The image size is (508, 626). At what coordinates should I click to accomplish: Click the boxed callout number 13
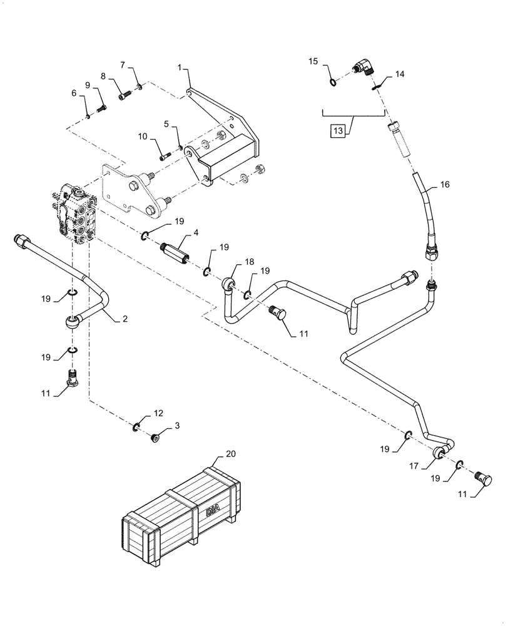(338, 131)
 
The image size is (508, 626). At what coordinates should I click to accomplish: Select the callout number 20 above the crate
(230, 453)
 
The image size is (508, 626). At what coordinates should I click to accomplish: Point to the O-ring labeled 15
(334, 81)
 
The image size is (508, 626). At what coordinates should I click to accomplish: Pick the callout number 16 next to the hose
(445, 185)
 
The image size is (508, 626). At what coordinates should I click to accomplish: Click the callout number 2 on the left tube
(124, 319)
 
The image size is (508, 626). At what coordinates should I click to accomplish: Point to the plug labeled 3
(156, 437)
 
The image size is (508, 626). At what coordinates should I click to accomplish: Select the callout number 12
(158, 413)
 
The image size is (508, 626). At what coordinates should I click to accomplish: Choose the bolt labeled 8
(124, 96)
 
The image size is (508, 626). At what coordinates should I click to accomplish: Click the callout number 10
(143, 136)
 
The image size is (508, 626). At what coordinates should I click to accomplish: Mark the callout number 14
(399, 74)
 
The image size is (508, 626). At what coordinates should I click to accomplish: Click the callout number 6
(74, 93)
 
